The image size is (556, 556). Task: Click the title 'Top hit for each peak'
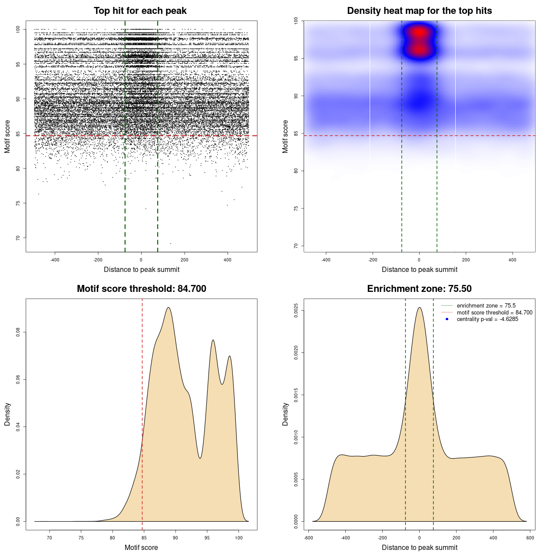click(x=140, y=11)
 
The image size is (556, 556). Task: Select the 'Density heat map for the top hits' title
click(x=419, y=11)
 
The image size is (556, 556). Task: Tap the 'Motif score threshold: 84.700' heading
click(x=141, y=289)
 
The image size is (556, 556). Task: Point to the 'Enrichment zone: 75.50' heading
click(x=419, y=289)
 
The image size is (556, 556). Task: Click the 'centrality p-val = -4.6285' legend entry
click(x=487, y=319)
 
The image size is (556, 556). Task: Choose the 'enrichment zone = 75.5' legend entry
click(x=486, y=306)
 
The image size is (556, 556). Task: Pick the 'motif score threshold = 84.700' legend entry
click(x=494, y=313)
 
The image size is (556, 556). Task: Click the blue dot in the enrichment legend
click(x=447, y=319)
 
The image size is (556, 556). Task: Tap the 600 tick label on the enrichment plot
click(x=530, y=538)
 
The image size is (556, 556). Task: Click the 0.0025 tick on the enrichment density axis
click(x=296, y=311)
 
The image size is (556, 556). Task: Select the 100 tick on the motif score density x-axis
click(x=238, y=538)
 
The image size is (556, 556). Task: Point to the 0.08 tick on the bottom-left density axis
click(x=18, y=332)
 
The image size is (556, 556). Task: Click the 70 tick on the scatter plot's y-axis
click(x=18, y=238)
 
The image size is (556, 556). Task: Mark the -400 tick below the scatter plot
click(x=55, y=260)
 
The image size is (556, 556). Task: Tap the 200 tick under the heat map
click(x=466, y=260)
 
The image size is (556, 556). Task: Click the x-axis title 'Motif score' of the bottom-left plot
click(x=141, y=547)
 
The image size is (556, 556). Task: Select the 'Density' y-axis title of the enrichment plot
click(x=285, y=414)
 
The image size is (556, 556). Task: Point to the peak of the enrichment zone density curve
click(x=419, y=308)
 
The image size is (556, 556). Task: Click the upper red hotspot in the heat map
click(x=419, y=32)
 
